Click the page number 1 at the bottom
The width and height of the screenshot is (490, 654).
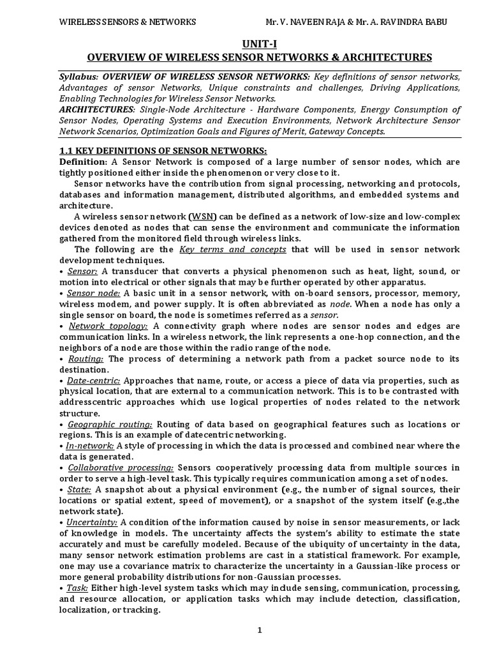260,632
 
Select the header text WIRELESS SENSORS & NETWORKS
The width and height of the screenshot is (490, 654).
128,22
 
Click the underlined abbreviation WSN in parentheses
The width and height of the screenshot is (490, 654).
205,216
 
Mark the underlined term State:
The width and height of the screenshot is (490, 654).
79,490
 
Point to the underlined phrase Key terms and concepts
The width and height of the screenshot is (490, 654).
233,249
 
